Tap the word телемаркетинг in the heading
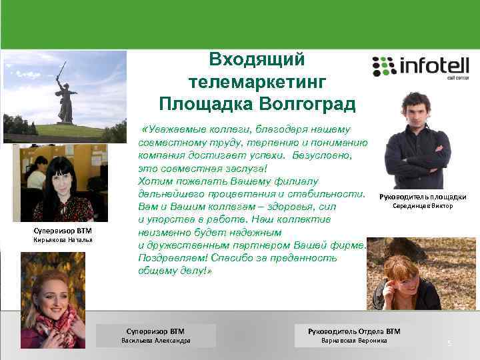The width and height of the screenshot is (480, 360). point(257,82)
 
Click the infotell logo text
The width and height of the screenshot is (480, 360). point(434,66)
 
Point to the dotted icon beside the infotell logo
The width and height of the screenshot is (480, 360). point(384,67)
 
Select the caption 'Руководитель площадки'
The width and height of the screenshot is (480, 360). point(423,197)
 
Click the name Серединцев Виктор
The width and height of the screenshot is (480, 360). point(423,206)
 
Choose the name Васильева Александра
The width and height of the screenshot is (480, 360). point(155,341)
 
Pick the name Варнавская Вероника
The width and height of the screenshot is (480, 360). point(354,341)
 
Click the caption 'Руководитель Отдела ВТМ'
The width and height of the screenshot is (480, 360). point(354,331)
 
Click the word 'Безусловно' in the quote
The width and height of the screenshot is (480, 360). point(322,155)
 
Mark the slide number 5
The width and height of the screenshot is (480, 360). point(449,344)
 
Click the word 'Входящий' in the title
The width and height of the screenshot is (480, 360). point(257,59)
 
